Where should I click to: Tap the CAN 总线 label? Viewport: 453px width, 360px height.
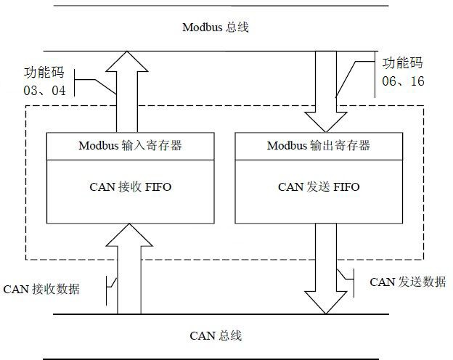click(215, 335)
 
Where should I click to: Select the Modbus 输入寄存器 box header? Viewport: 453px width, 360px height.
click(130, 145)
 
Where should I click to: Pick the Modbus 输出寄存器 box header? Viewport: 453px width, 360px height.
click(319, 145)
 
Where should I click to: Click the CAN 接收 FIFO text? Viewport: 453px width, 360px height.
click(130, 187)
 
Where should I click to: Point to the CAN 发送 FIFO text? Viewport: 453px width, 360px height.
click(319, 187)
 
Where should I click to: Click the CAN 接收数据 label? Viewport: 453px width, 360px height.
click(41, 289)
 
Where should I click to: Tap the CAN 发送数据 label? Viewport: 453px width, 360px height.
click(407, 282)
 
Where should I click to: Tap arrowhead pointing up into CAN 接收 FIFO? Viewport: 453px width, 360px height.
click(128, 234)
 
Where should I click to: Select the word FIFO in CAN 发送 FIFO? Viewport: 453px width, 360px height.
click(346, 187)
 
